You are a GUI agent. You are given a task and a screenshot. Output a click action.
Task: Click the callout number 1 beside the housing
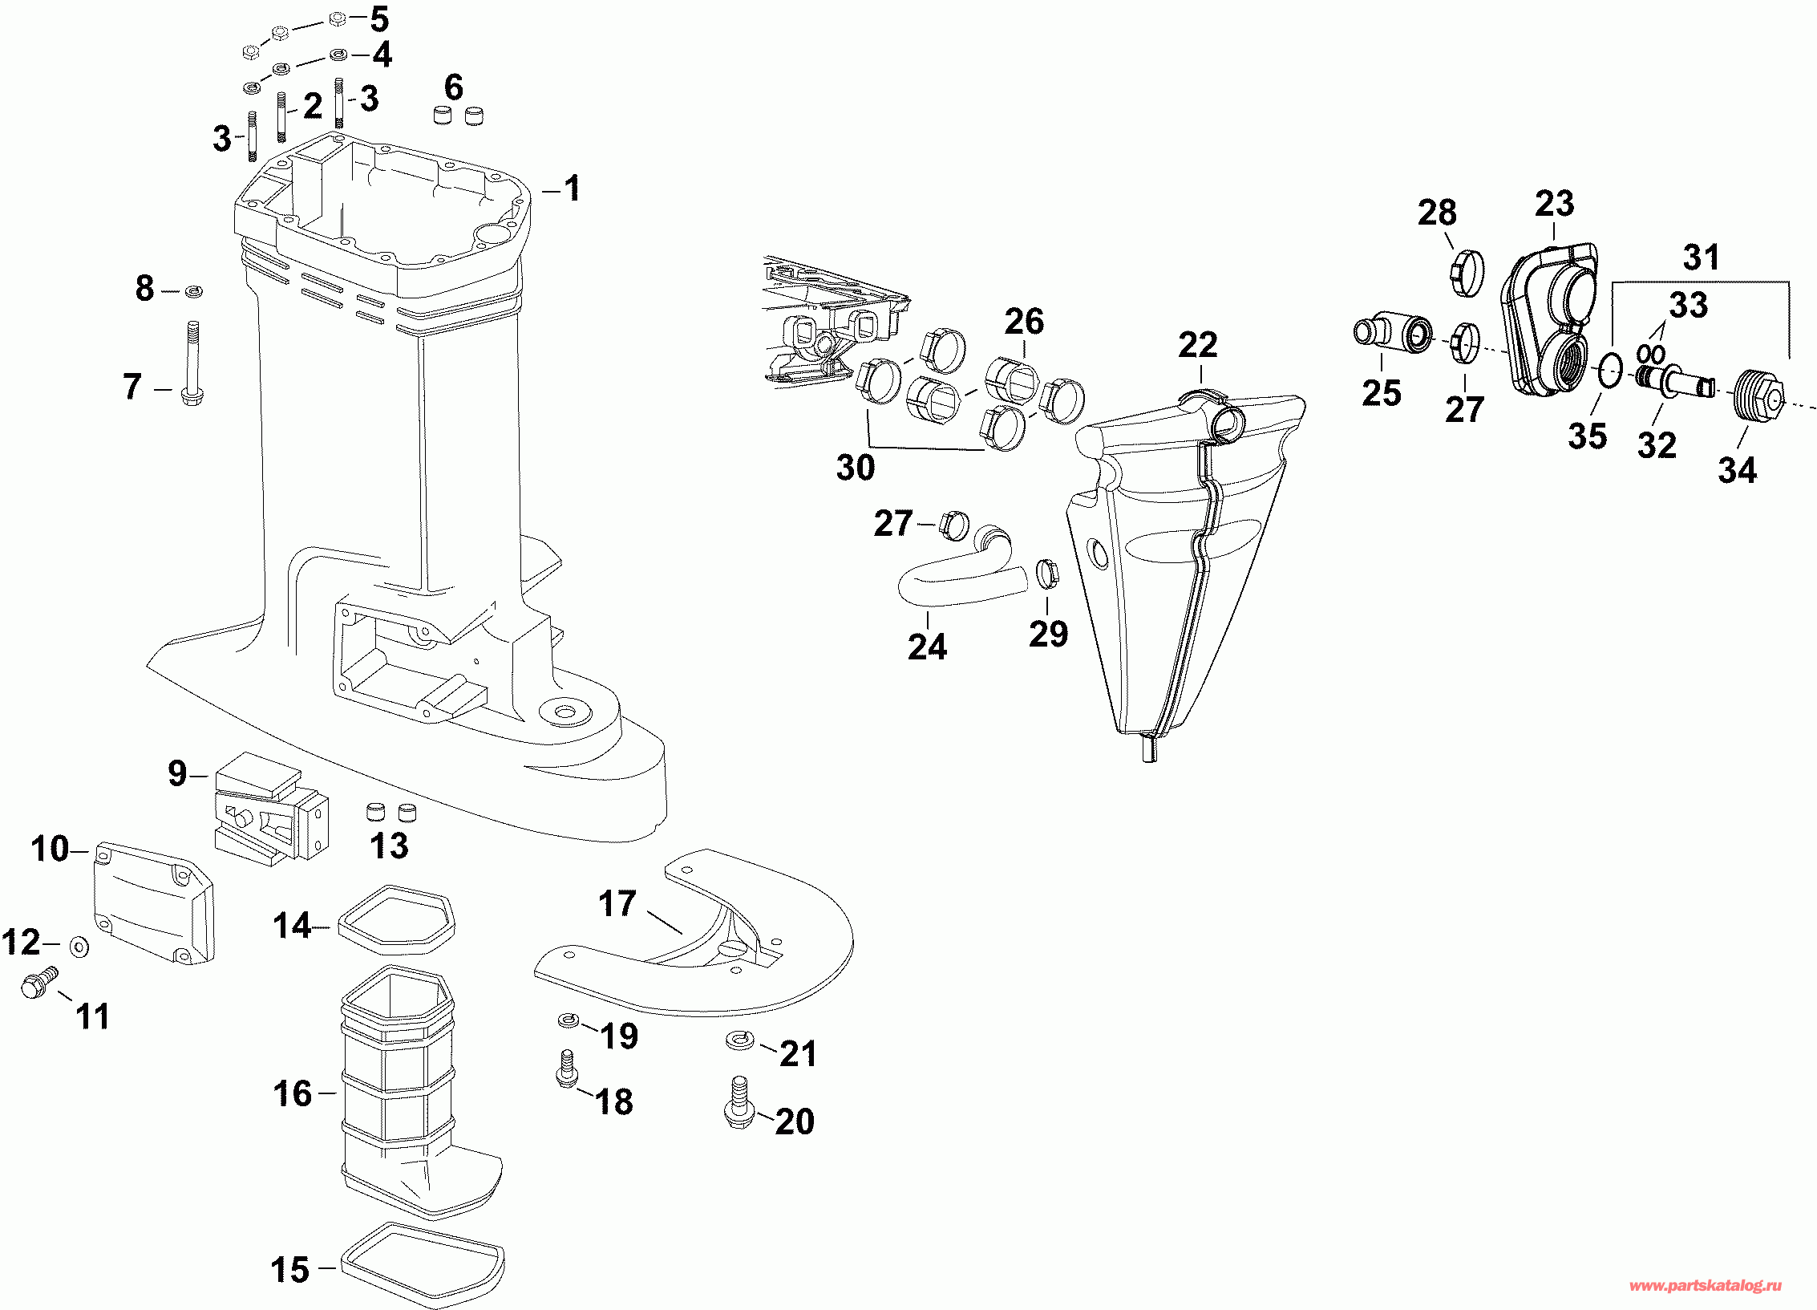coord(572,189)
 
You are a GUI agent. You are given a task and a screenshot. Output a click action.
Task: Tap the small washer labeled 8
coord(193,291)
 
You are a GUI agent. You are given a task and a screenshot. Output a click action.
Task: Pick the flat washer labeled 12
coord(79,947)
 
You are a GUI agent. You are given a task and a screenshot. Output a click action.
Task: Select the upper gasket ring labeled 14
coord(396,920)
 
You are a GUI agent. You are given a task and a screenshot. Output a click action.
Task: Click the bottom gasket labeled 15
coord(423,1265)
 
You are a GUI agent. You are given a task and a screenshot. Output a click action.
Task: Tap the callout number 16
coord(292,1093)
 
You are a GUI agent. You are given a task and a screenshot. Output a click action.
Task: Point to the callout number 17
coord(617,904)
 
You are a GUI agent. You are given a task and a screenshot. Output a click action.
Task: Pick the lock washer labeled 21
coord(739,1041)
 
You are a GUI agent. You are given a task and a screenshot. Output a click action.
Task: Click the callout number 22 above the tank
coord(1198,346)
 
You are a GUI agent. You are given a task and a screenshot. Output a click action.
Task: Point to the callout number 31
coord(1701,258)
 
